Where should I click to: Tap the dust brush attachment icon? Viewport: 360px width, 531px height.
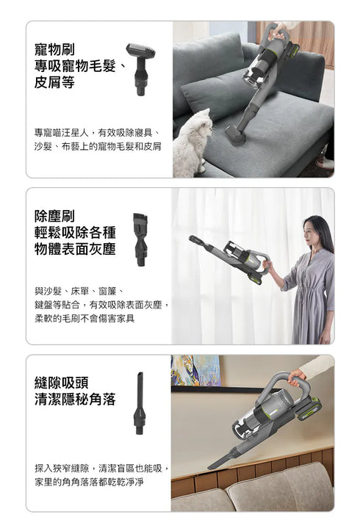click(x=140, y=239)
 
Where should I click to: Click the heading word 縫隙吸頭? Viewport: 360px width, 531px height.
click(x=65, y=383)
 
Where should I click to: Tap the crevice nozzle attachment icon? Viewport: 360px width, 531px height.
click(x=140, y=405)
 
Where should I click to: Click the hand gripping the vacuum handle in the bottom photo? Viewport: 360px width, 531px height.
click(x=298, y=377)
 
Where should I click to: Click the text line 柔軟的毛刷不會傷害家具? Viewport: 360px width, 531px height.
click(x=84, y=318)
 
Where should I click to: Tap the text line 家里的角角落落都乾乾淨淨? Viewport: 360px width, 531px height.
click(x=89, y=482)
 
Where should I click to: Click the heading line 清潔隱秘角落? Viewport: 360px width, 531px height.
click(x=75, y=400)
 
